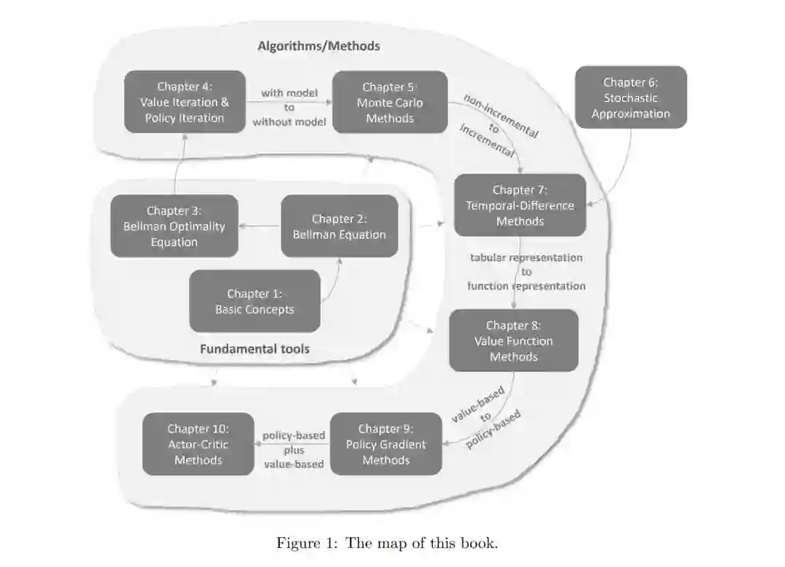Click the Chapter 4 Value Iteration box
tap(185, 102)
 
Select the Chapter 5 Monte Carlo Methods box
tap(390, 102)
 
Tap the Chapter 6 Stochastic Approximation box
tap(630, 98)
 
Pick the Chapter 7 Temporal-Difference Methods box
tap(520, 205)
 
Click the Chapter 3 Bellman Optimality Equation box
tap(174, 226)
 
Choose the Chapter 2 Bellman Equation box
tap(339, 226)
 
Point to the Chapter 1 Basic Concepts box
tap(254, 301)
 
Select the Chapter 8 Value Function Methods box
tap(513, 341)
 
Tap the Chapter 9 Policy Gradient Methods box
tap(386, 444)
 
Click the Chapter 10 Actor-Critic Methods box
tap(198, 444)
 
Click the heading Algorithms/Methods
tap(318, 46)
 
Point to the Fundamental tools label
tap(254, 349)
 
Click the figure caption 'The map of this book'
tap(387, 543)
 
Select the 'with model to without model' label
tap(289, 107)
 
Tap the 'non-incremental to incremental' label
tap(499, 127)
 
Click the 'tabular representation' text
tap(526, 258)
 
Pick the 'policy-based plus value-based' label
tap(294, 450)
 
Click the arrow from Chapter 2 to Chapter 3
tap(259, 226)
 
